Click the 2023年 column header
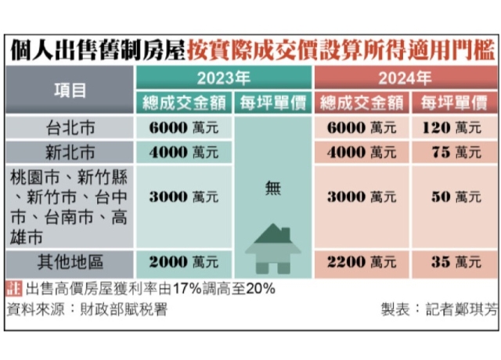tap(224, 78)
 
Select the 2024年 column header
tap(404, 78)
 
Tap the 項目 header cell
tap(70, 90)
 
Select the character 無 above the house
tap(272, 187)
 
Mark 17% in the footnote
tap(194, 289)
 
